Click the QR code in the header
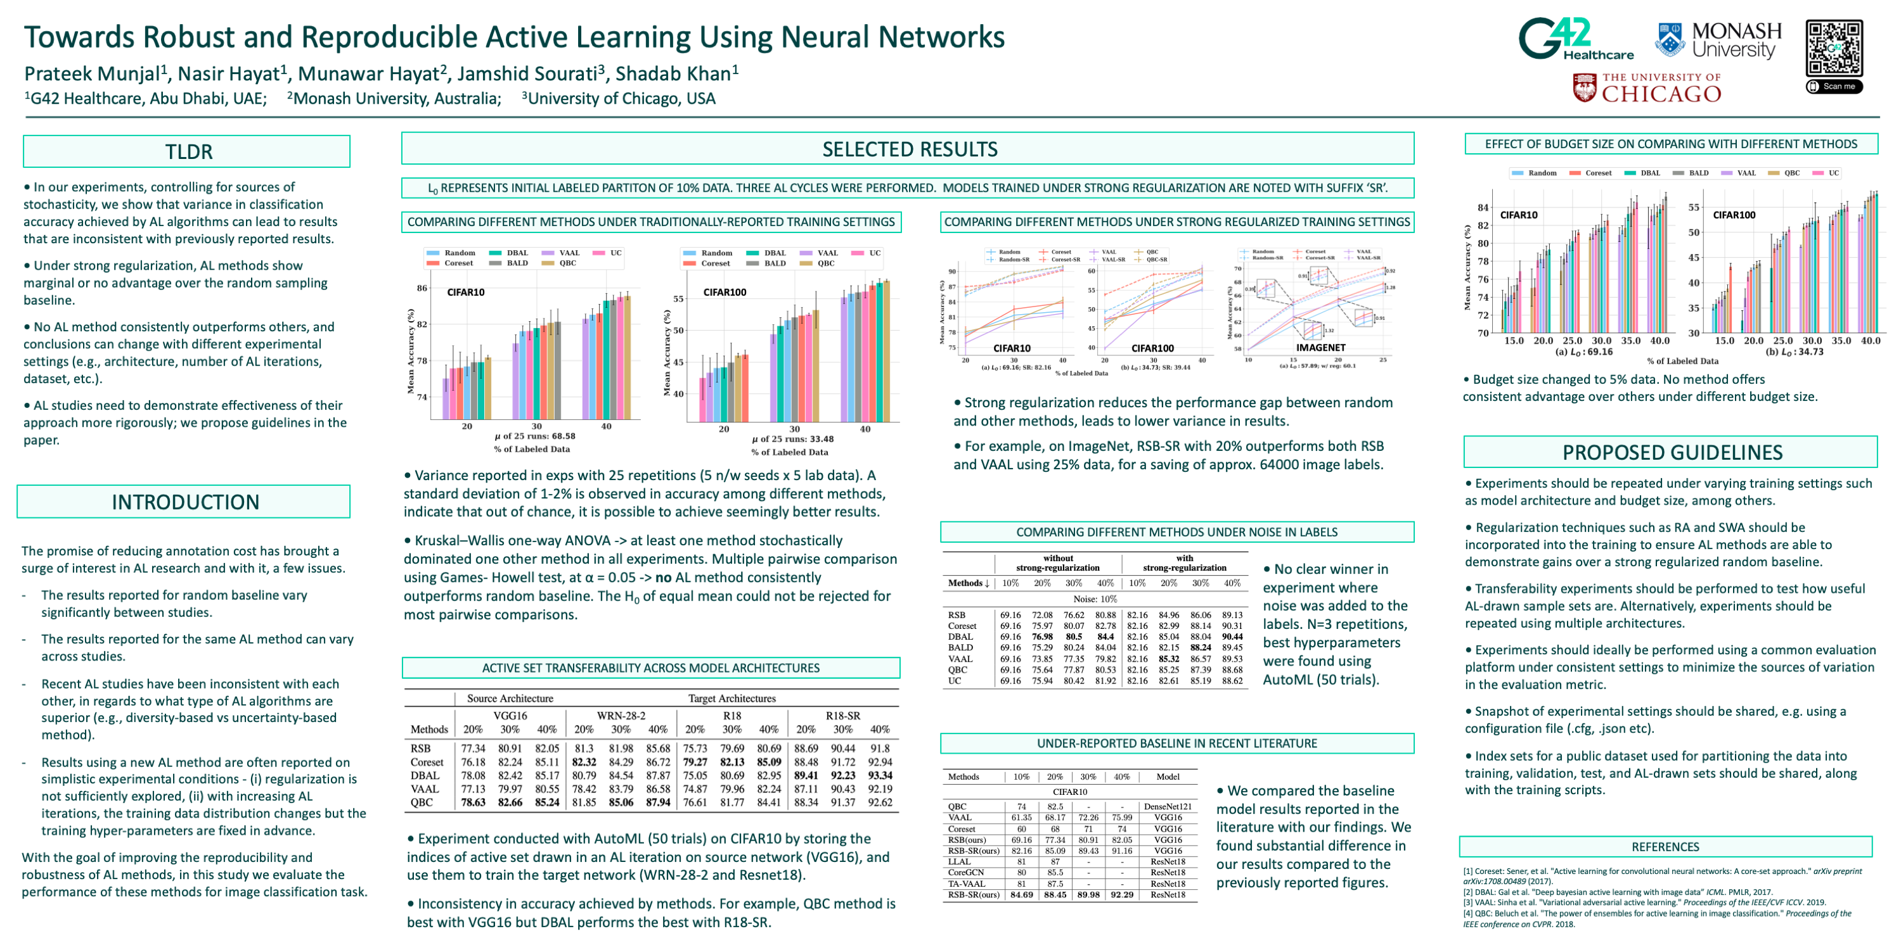tap(1833, 48)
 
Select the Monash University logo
tap(1718, 40)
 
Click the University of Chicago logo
tap(1647, 89)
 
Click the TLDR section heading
tap(188, 152)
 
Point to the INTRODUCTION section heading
tap(185, 502)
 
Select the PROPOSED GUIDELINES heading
tap(1672, 452)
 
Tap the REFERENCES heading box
tap(1665, 847)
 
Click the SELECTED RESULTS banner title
tap(909, 149)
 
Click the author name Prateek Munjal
tap(93, 73)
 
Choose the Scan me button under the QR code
tap(1834, 86)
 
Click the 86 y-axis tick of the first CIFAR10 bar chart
tap(422, 288)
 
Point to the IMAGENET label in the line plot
tap(1320, 348)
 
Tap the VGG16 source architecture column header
tap(510, 716)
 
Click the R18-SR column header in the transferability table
tap(843, 716)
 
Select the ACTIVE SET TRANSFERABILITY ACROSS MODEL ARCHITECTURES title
tap(650, 668)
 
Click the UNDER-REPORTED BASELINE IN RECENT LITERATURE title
tap(1176, 744)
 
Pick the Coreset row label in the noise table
tap(962, 626)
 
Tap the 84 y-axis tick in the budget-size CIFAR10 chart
tap(1483, 208)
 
